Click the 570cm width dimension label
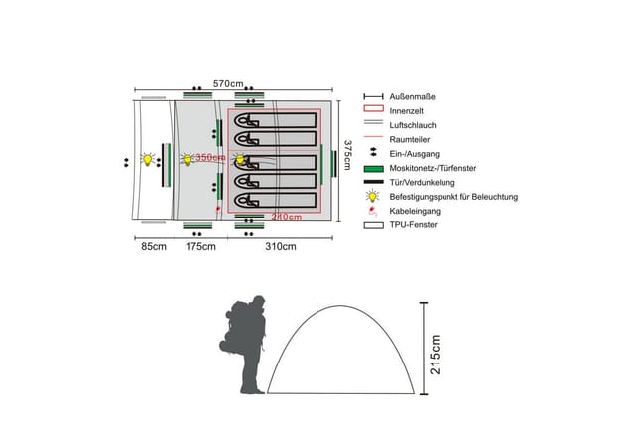(228, 84)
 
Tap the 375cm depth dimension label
(347, 155)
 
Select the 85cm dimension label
(154, 246)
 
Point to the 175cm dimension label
(200, 246)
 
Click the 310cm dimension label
(281, 246)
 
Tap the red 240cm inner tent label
(287, 218)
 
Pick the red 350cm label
(210, 157)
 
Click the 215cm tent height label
(435, 355)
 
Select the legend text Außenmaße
(413, 97)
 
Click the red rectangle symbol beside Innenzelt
(373, 108)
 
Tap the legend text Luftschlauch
(413, 125)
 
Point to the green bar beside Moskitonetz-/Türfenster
(373, 168)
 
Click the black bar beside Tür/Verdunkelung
(373, 182)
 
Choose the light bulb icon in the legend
(373, 197)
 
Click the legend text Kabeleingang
(415, 211)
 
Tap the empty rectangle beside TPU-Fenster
(373, 225)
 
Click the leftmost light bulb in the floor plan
(148, 159)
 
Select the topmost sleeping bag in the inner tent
(276, 120)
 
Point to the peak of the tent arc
(340, 306)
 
